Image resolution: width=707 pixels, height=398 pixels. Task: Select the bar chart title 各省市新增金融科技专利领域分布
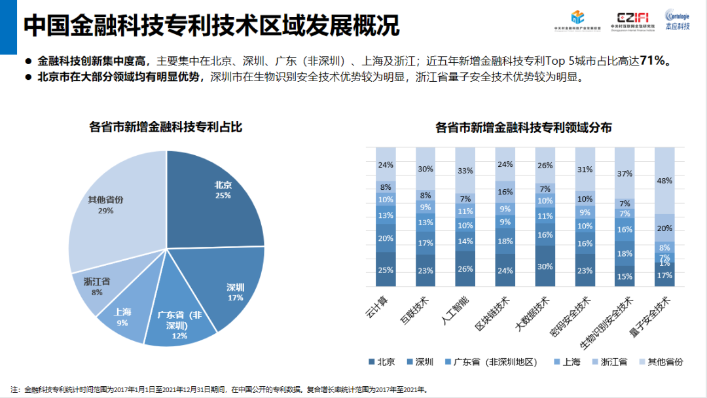click(523, 128)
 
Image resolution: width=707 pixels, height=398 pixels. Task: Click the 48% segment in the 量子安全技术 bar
click(664, 181)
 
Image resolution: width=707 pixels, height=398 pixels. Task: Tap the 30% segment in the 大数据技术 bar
click(545, 266)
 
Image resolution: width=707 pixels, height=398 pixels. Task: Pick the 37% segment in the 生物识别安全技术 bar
click(624, 173)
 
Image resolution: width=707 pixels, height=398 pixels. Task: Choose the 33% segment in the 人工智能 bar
click(464, 171)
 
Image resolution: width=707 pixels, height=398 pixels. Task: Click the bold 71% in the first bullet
click(655, 61)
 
